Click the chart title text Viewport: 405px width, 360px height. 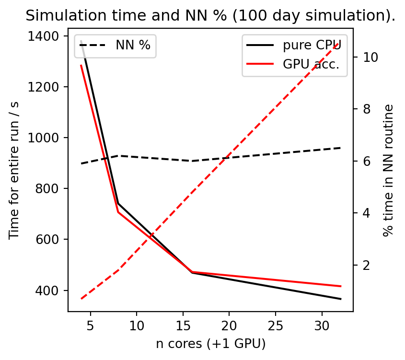(x=210, y=16)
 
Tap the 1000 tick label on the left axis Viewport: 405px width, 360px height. (x=49, y=138)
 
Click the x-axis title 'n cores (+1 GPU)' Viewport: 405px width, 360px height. (x=210, y=344)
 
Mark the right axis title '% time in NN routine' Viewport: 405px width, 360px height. (x=388, y=170)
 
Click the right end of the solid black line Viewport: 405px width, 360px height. (x=341, y=299)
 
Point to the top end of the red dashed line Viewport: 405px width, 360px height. (x=340, y=42)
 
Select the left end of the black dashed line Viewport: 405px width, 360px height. (x=81, y=164)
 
